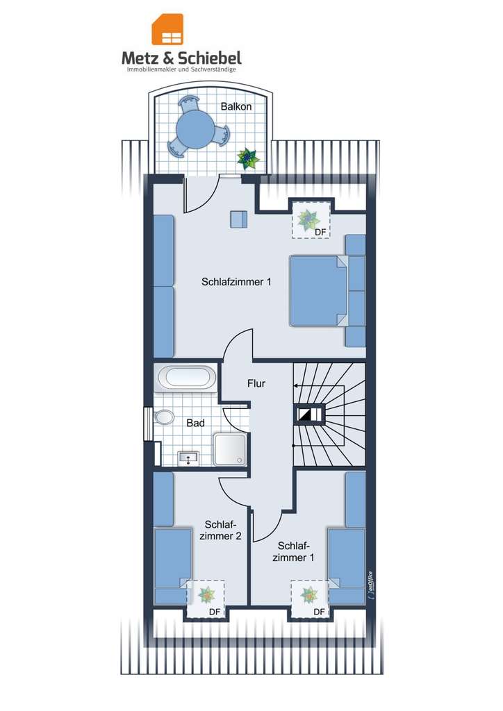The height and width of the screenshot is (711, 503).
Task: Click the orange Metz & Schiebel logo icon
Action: [167, 30]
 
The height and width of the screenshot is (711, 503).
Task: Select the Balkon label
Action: [236, 106]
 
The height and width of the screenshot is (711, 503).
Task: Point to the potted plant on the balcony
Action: [248, 160]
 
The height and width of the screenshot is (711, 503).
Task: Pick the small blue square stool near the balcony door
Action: [238, 219]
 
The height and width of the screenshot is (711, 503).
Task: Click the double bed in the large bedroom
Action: [320, 290]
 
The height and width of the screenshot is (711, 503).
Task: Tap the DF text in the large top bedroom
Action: [320, 231]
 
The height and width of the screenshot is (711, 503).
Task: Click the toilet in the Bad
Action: [164, 418]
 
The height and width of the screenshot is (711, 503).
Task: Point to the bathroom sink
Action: [188, 457]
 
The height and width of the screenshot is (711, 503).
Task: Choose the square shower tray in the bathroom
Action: [230, 449]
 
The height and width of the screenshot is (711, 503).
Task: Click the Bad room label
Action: [195, 422]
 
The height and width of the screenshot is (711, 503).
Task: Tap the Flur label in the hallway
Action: [256, 383]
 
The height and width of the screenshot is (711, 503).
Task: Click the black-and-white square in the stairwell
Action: [306, 415]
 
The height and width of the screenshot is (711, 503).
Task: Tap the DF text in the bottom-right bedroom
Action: [319, 612]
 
